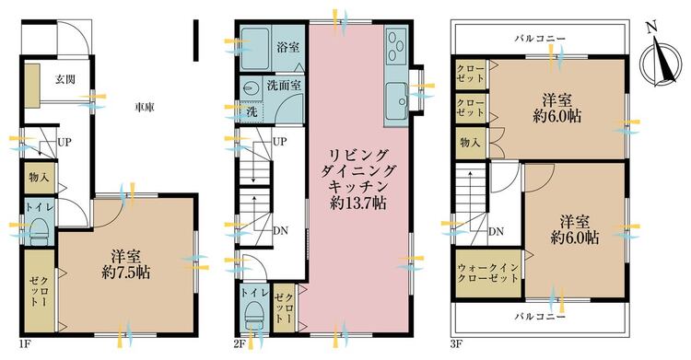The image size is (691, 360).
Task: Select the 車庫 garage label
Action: [143, 107]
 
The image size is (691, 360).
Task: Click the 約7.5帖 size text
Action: [127, 273]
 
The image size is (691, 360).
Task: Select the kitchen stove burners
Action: [396, 43]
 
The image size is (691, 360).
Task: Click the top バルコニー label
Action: [541, 38]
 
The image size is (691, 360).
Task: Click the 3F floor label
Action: [457, 347]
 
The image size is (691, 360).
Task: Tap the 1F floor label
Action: [25, 347]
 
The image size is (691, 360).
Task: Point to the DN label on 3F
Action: [496, 230]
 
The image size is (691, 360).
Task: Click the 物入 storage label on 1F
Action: [39, 176]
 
